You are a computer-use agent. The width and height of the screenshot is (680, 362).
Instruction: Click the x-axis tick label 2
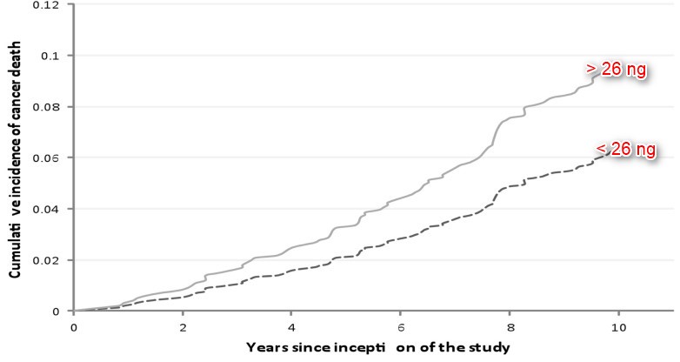[183, 328]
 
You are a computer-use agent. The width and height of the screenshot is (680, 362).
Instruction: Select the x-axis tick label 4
[291, 328]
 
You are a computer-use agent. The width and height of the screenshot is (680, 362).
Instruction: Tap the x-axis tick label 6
[400, 328]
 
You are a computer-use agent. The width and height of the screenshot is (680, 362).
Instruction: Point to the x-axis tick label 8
[509, 328]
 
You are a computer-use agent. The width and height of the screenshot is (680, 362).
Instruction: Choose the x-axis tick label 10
[617, 328]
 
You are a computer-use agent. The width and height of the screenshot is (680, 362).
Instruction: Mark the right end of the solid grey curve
[598, 74]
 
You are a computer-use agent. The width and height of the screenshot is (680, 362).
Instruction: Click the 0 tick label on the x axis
[74, 328]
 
